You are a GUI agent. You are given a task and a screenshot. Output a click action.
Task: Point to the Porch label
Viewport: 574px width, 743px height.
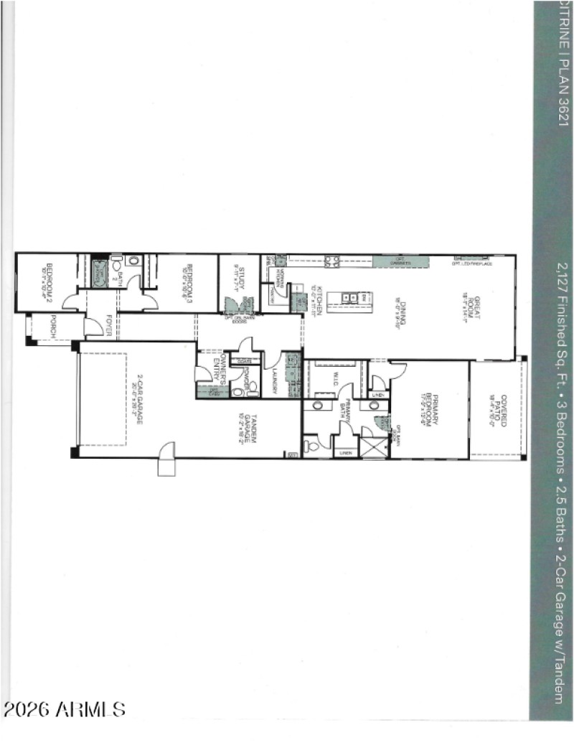52,327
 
